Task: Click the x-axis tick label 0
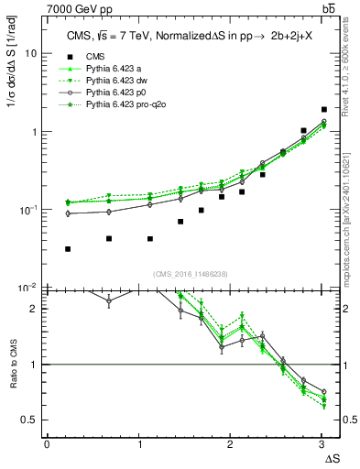(47, 445)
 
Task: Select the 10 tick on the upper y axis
(31, 54)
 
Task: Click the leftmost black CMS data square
(69, 249)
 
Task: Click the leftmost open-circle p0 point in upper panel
(69, 213)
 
